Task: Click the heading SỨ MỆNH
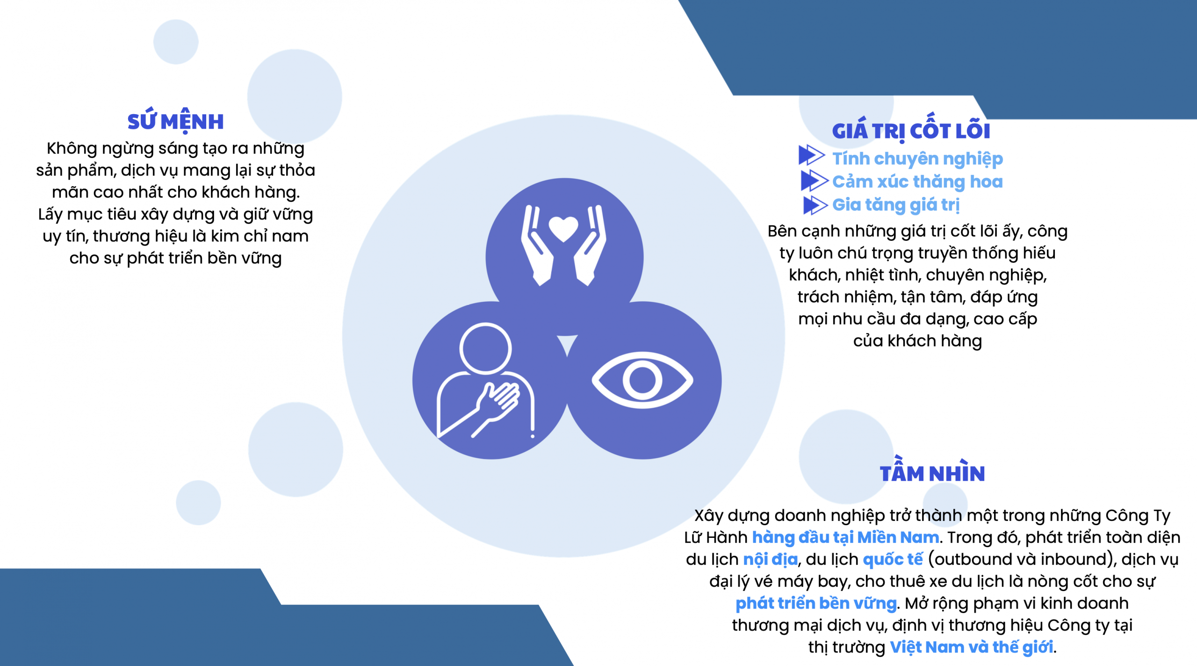point(175,121)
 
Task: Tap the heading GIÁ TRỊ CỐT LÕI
point(911,130)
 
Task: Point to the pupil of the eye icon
point(642,380)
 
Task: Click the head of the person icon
point(485,348)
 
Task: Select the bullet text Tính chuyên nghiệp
point(917,159)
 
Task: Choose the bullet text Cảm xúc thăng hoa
point(917,181)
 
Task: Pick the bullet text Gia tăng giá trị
point(896,205)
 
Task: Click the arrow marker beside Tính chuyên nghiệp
point(811,155)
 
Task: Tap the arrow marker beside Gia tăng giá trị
point(815,205)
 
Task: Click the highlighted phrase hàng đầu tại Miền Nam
point(845,537)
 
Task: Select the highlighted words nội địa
point(770,559)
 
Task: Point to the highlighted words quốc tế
point(893,559)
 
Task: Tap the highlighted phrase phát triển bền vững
point(816,603)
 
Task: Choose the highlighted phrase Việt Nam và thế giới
point(971,647)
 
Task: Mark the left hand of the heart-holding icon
point(538,245)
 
